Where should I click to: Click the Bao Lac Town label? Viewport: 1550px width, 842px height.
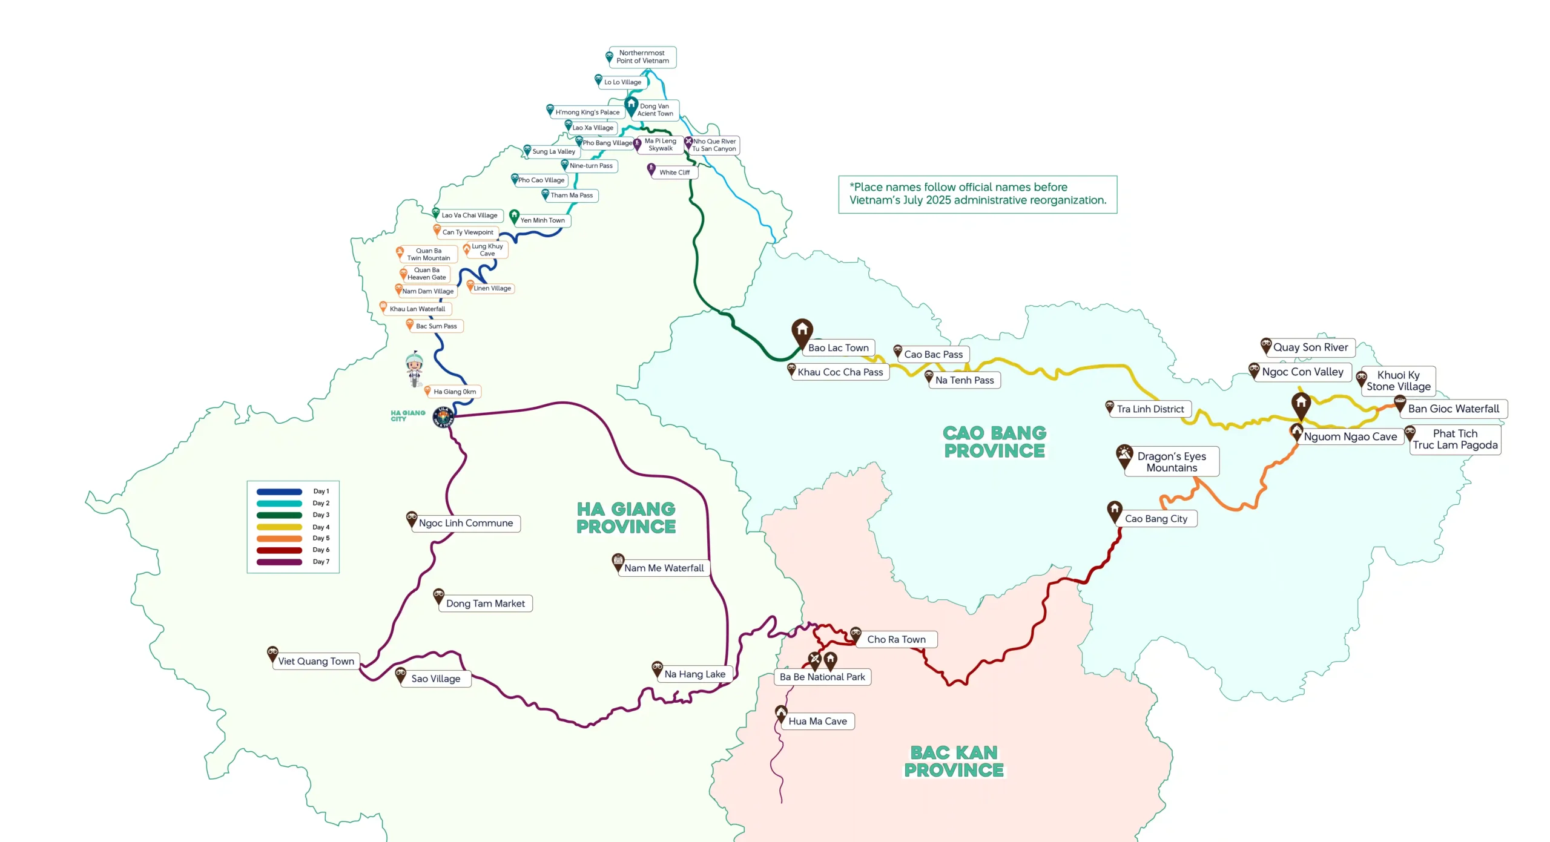tap(838, 347)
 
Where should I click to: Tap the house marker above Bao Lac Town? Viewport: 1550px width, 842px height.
tap(802, 331)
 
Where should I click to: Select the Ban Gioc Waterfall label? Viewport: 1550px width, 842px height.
tap(1453, 409)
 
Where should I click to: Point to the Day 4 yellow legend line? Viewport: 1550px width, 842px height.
tap(279, 527)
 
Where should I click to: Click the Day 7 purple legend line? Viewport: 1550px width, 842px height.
tap(279, 562)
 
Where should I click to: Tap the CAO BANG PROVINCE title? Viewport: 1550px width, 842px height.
tap(994, 442)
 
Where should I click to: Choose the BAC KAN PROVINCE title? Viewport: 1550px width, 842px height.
tap(954, 761)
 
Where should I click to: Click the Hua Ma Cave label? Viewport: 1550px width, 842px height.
tap(817, 721)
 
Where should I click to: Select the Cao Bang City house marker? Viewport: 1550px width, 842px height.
tap(1115, 510)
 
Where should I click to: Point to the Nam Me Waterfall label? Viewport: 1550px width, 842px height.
tap(664, 568)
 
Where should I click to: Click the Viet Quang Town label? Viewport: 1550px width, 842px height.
tap(316, 661)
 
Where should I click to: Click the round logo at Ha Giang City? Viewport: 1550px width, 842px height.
tap(443, 417)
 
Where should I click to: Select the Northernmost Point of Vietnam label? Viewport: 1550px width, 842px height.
tap(642, 57)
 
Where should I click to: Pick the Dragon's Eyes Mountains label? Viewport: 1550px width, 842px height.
tap(1172, 462)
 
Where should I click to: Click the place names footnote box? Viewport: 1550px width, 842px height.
tap(977, 194)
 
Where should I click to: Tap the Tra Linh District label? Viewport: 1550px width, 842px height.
tap(1150, 409)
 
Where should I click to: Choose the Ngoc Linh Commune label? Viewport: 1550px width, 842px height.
tap(466, 523)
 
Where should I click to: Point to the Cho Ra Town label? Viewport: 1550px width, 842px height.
tap(896, 639)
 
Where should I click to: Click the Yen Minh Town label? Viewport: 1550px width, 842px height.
tap(542, 220)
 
